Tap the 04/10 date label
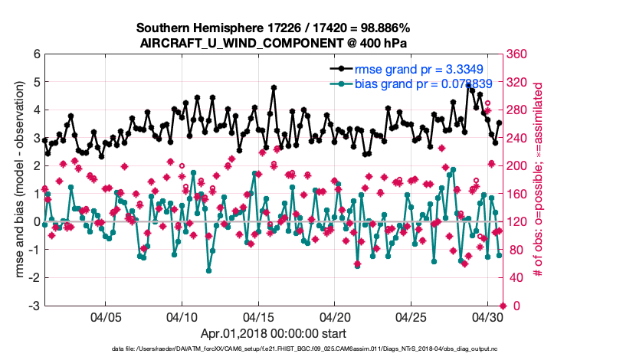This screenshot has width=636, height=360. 182,316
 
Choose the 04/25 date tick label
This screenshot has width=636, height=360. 411,316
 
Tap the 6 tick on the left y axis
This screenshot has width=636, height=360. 34,54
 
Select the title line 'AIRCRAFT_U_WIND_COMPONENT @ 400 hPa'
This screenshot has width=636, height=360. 274,43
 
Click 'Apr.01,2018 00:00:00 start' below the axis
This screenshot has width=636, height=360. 274,333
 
